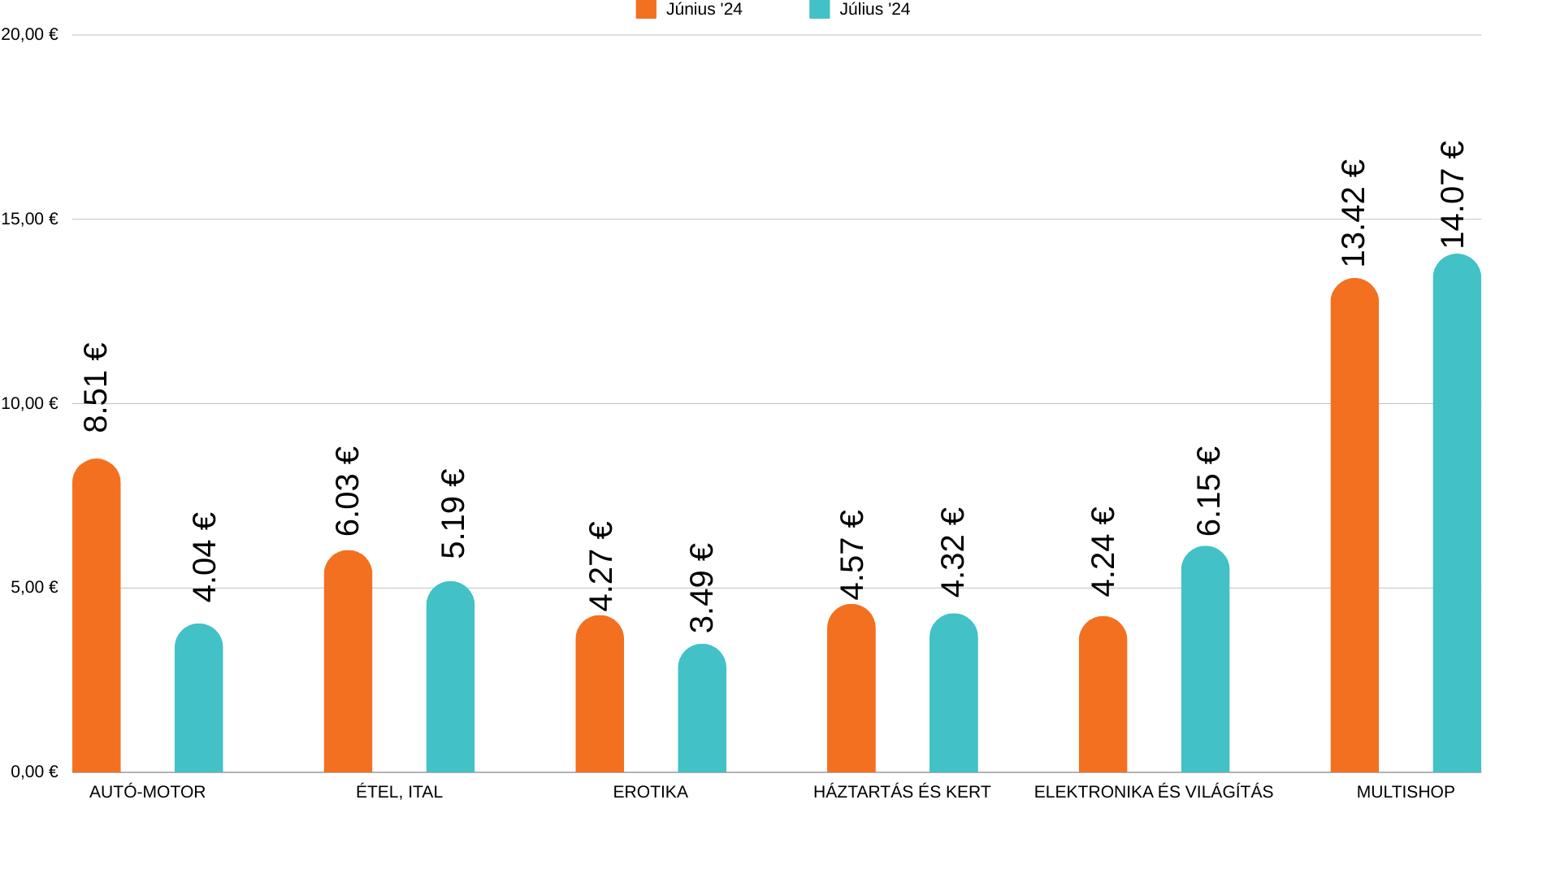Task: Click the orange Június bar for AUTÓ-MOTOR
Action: tap(96, 618)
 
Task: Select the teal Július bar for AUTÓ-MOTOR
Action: tap(198, 699)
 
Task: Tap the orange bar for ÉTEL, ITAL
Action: tap(348, 663)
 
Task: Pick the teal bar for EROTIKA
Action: tap(702, 709)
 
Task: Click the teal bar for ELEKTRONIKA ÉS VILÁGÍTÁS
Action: tap(1205, 660)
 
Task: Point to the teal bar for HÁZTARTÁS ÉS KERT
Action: tap(953, 693)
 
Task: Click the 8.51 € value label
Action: tap(96, 388)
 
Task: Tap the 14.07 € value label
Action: tap(1453, 195)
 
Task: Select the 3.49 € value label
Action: tap(701, 588)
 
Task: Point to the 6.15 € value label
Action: tap(1208, 491)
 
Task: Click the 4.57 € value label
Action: tap(851, 554)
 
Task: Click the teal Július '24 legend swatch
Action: tap(819, 10)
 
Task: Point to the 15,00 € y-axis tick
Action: tap(30, 219)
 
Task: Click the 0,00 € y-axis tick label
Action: tap(34, 772)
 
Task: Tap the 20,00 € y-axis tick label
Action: tap(30, 35)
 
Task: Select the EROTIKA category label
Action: tap(650, 792)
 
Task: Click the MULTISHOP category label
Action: tap(1405, 792)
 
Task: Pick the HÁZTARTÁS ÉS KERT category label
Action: tap(902, 792)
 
